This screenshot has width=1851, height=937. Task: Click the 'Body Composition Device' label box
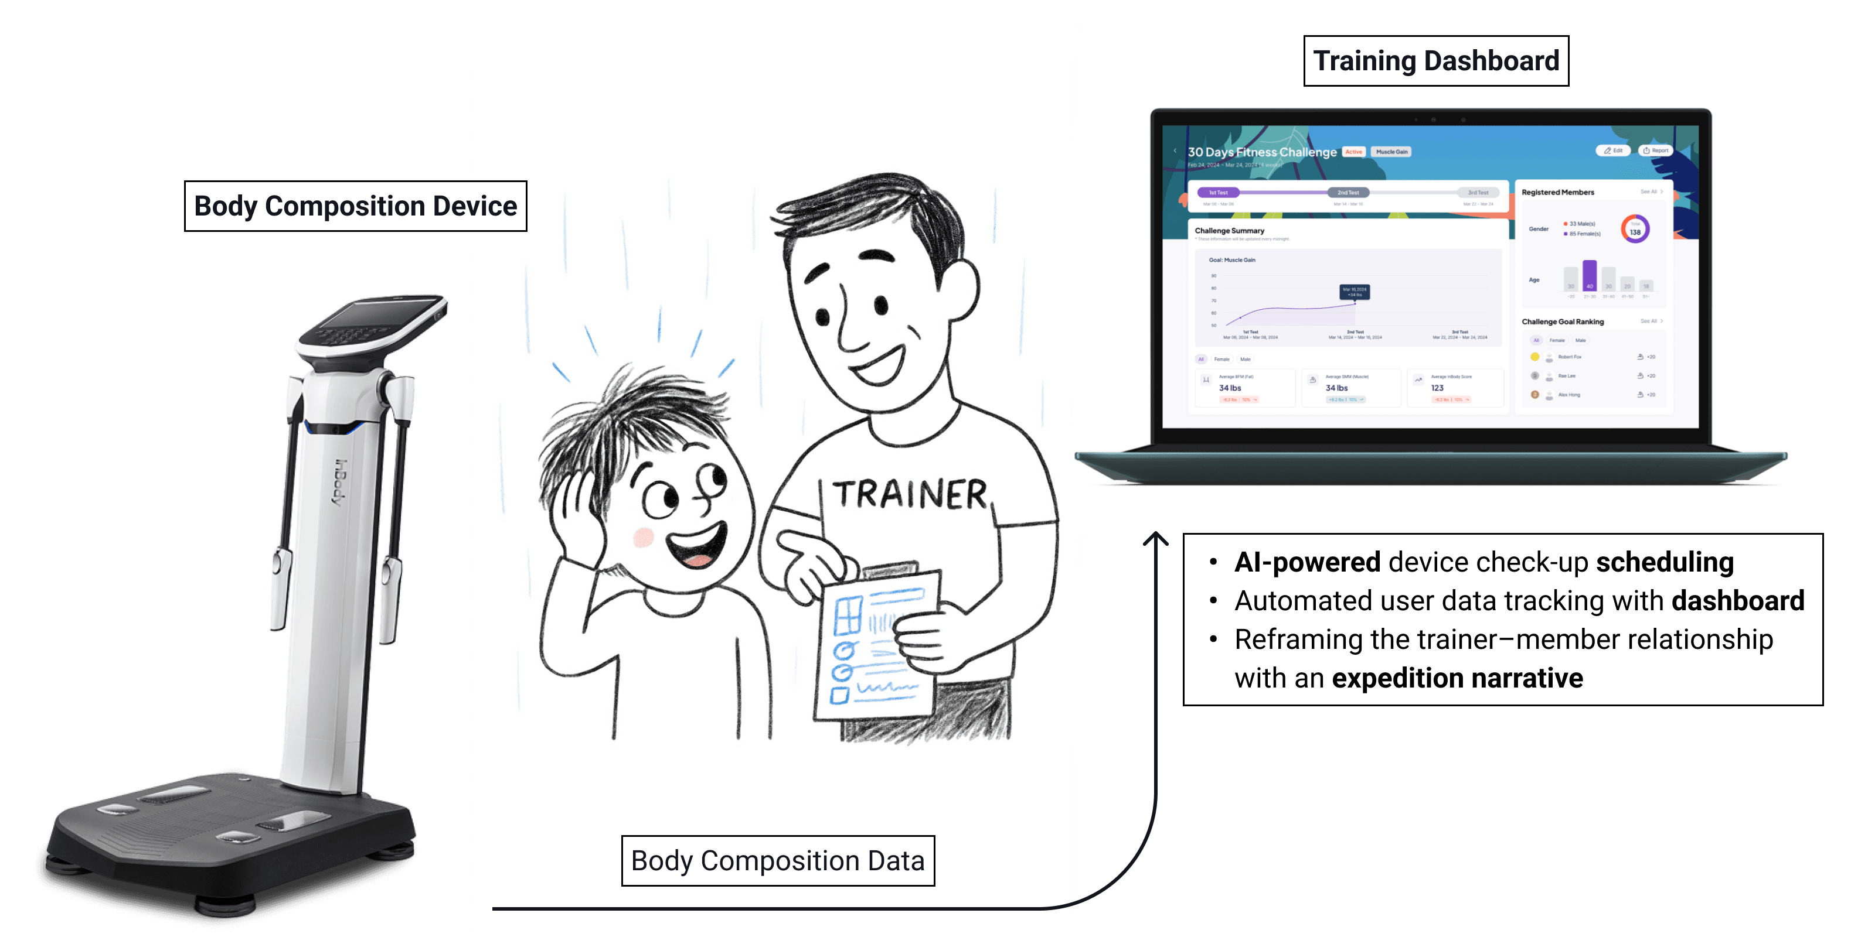tap(355, 206)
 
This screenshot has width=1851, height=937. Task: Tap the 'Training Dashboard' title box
tap(1435, 61)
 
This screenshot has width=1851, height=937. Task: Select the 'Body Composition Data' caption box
tap(777, 860)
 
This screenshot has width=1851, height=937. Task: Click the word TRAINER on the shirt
tap(910, 495)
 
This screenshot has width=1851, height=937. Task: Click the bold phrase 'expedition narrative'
tap(1457, 678)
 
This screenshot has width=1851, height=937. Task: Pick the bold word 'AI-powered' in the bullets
tap(1307, 562)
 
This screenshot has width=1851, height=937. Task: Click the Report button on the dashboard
tap(1656, 151)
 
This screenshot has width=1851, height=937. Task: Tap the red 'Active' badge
tap(1354, 152)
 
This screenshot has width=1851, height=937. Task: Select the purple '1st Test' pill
tap(1218, 193)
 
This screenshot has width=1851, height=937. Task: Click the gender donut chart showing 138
tap(1635, 230)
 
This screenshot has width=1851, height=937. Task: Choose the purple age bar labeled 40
tap(1590, 276)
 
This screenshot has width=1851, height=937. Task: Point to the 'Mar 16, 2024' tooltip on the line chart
tap(1355, 292)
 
